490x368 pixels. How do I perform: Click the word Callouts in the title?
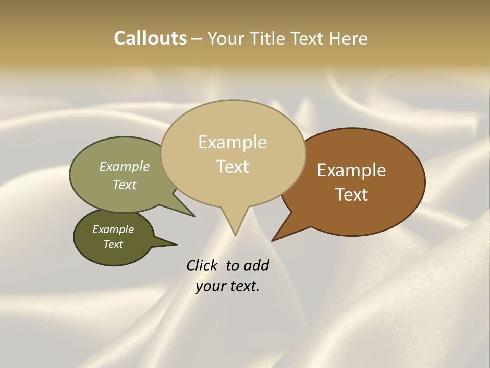point(150,38)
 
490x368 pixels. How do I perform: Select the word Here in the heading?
point(348,38)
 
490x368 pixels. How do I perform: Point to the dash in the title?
point(197,39)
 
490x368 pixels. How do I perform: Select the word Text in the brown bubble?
point(352,194)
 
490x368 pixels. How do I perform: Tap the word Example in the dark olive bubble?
point(113,229)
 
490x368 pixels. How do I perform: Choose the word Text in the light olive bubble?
point(125,185)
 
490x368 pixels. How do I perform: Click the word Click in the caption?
point(202,265)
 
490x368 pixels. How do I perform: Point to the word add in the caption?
point(256,265)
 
